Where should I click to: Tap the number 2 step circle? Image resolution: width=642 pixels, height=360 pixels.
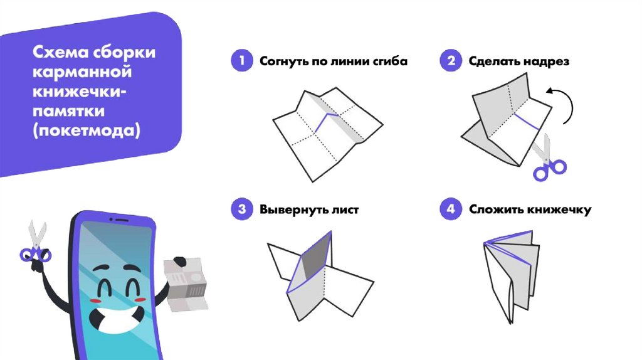pyautogui.click(x=450, y=61)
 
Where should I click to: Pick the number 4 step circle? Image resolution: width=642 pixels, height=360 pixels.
pyautogui.click(x=450, y=209)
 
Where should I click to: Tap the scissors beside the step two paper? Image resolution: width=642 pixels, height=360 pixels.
pyautogui.click(x=545, y=157)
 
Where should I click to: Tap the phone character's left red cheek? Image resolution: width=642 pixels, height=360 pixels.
pyautogui.click(x=95, y=301)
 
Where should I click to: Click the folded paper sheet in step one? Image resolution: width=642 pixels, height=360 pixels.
pyautogui.click(x=325, y=132)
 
